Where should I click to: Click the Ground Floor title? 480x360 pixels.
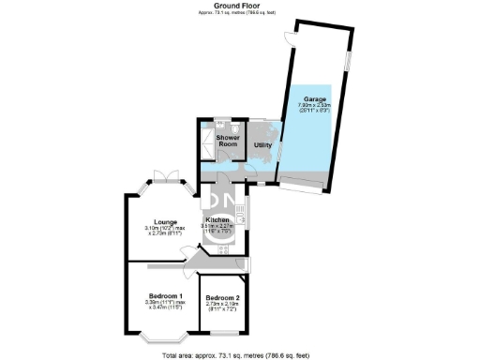pos(239,5)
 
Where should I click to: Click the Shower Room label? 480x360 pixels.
pos(216,141)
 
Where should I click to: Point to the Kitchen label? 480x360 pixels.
pos(218,219)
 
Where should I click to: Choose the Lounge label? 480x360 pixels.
pos(154,222)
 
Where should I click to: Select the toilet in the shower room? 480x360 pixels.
pos(219,125)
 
